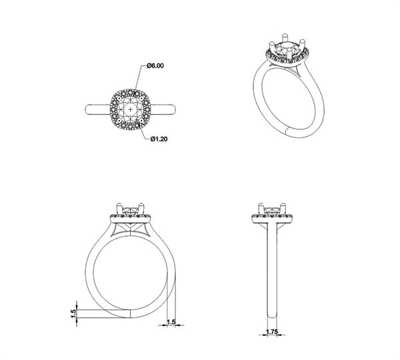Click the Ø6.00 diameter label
(155, 66)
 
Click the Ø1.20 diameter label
(159, 139)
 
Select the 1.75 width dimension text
(272, 332)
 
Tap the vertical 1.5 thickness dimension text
(73, 313)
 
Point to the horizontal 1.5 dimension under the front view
(171, 322)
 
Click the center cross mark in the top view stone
(131, 110)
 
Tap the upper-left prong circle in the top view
(119, 98)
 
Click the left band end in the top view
(87, 109)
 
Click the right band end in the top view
(173, 109)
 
